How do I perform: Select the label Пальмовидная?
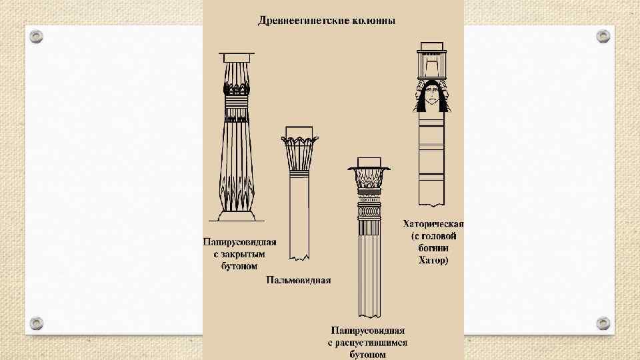[x=299, y=280]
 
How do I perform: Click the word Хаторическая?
[x=433, y=224]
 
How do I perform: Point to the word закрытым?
[x=239, y=254]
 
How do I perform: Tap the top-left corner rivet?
[x=36, y=36]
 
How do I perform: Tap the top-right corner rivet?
[x=603, y=36]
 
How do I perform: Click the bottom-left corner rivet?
[x=36, y=323]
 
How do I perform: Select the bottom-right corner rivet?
[x=603, y=323]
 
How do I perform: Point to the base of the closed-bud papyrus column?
[x=237, y=216]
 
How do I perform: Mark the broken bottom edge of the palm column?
[x=299, y=257]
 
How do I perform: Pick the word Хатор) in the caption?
[x=433, y=260]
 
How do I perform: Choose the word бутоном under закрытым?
[x=239, y=266]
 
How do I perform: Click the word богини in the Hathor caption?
[x=433, y=248]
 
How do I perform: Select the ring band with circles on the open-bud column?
[x=369, y=211]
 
